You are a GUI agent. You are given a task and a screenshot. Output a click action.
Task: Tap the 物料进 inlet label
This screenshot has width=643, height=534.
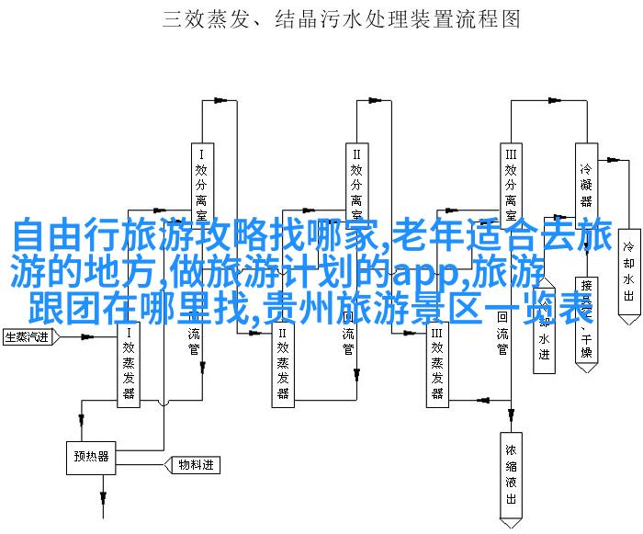click(x=194, y=466)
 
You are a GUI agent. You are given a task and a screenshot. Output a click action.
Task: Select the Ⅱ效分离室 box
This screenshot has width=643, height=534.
click(x=355, y=179)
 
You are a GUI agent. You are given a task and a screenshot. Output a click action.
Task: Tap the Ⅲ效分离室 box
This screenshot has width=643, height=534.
click(x=510, y=179)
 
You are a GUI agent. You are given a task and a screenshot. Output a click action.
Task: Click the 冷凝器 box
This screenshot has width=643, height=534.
click(x=585, y=179)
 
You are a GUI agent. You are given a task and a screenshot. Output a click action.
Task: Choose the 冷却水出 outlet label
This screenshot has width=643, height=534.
click(x=629, y=271)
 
